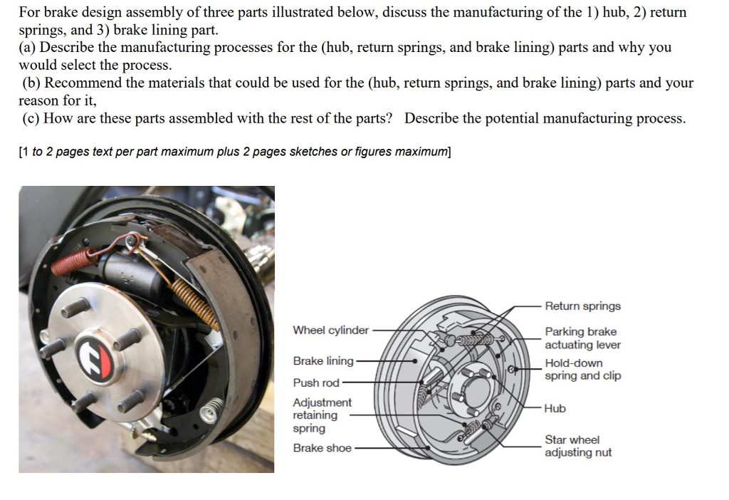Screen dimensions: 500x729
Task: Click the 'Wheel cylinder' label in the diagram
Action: (x=331, y=330)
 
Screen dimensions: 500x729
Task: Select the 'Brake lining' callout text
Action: (x=323, y=361)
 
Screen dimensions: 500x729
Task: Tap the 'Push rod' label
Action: (x=316, y=383)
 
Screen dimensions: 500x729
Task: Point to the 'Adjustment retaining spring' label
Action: (x=322, y=415)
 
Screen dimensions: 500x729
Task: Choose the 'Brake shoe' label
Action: (x=322, y=448)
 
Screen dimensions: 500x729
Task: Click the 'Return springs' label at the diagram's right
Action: (x=582, y=306)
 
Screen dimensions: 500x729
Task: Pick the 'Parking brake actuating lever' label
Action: (x=582, y=338)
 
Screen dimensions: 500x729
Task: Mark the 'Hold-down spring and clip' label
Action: (x=582, y=370)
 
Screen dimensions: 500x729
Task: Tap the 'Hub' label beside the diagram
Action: (x=555, y=409)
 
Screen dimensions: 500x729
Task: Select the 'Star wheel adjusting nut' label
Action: (x=577, y=447)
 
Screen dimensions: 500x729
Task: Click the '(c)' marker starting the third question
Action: (x=31, y=118)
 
